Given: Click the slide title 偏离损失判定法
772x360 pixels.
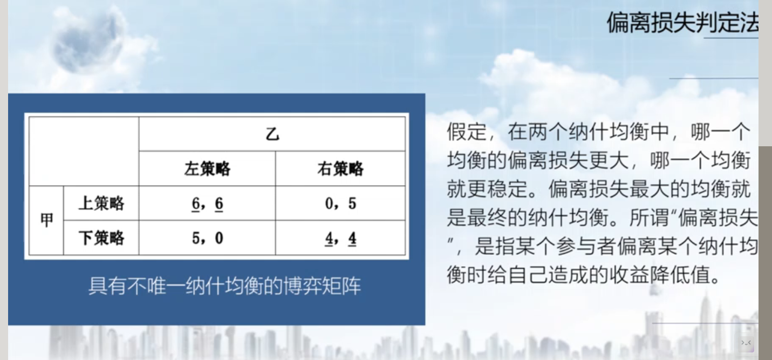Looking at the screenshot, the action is point(682,23).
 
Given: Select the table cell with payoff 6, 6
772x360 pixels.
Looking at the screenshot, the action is point(207,203).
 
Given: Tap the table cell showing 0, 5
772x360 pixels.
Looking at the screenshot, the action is point(340,203).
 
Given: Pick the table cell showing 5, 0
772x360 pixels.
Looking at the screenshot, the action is point(207,237).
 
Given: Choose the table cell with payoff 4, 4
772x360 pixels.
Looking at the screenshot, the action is point(340,237).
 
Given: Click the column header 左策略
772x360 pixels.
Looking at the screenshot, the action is point(207,168).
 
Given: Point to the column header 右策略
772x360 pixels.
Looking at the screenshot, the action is point(340,168).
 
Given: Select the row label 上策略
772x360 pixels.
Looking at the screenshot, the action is point(101,203).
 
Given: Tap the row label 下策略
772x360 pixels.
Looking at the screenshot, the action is point(101,237).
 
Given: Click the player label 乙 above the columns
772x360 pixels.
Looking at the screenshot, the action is point(272,134).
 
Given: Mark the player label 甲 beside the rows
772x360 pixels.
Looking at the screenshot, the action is point(46,220).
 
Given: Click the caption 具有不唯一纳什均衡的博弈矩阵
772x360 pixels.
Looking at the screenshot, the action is point(224,286).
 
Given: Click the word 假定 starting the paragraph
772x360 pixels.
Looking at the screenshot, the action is point(467,132).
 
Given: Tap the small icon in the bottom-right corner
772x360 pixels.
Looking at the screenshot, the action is point(746,343).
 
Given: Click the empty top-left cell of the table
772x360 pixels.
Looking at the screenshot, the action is point(84,151).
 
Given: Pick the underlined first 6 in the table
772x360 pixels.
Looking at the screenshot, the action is point(195,204).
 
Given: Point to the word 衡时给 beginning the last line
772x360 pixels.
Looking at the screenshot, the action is point(477,275).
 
